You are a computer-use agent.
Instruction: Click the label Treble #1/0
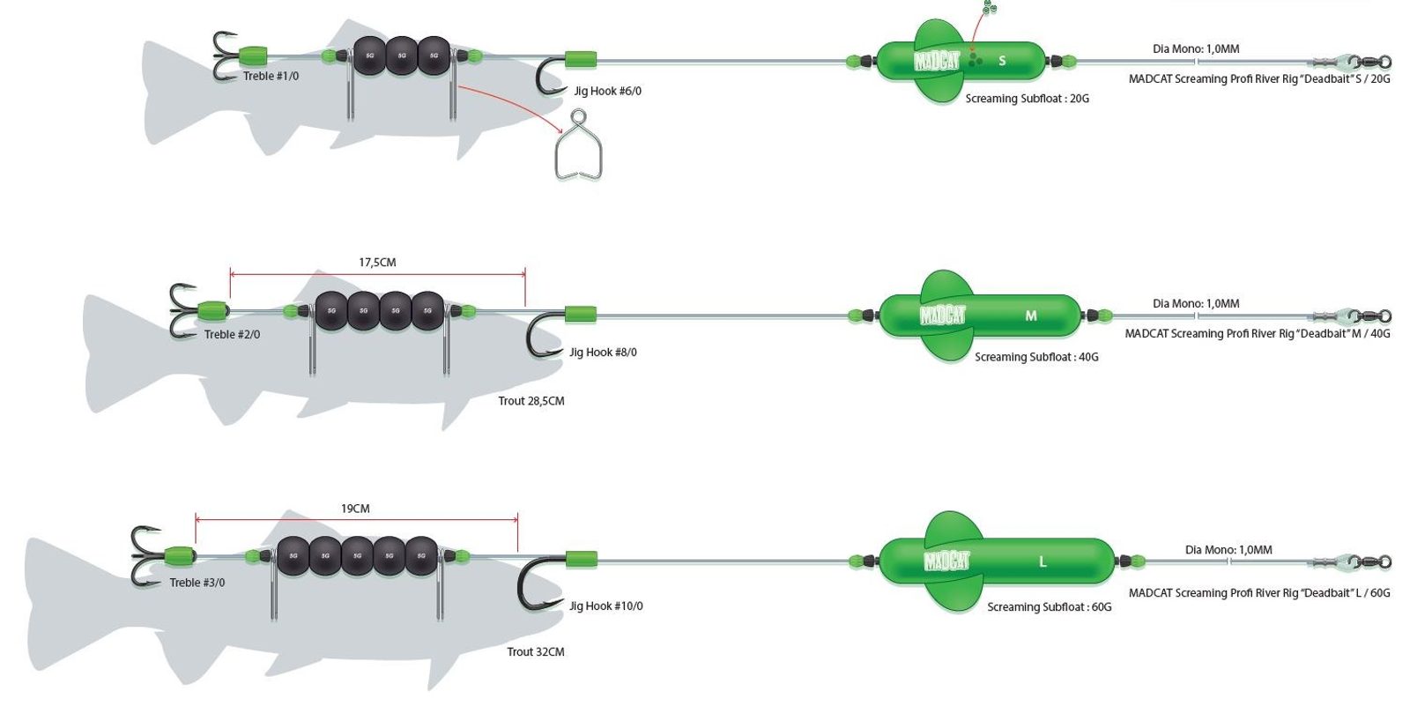pos(271,77)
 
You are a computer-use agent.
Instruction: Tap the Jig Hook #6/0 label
pos(607,91)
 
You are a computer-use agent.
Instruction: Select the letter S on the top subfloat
pos(1002,61)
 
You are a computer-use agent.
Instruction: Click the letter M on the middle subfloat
pos(1030,316)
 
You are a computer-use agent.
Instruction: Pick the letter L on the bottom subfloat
pos(1043,561)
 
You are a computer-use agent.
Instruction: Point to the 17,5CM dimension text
pos(377,263)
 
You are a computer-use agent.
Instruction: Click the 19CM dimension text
pos(355,509)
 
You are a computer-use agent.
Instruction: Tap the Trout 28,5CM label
pos(531,401)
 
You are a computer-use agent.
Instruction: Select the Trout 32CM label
pos(535,652)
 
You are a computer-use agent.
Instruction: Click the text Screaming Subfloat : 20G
pos(1027,99)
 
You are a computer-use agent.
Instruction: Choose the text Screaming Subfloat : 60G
pos(1049,607)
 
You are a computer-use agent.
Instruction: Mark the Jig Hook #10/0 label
pos(605,606)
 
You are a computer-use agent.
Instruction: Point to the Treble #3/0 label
pos(197,583)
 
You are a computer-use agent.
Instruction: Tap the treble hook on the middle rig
pos(184,310)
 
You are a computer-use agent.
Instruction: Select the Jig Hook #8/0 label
pos(603,353)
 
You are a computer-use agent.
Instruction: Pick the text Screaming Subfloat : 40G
pos(1036,357)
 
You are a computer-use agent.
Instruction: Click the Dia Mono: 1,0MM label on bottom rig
pos(1228,550)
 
